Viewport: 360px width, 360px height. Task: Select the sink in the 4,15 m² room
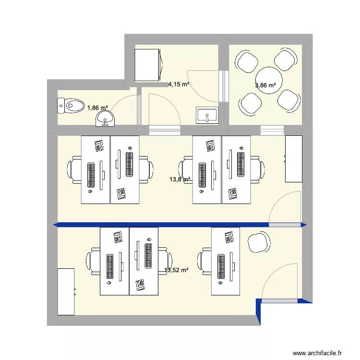[207, 115]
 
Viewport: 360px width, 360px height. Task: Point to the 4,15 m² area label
[178, 84]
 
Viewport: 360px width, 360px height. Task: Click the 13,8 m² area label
[180, 180]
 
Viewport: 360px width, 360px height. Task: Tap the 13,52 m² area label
[176, 270]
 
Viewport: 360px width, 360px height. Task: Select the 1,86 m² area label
[97, 108]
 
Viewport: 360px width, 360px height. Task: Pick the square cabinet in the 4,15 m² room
[147, 65]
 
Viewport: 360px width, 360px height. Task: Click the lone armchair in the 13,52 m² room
[260, 242]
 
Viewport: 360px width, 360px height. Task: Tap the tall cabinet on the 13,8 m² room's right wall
[293, 159]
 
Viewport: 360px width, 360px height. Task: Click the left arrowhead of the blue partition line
[56, 225]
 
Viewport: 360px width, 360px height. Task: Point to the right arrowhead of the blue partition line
[304, 225]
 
